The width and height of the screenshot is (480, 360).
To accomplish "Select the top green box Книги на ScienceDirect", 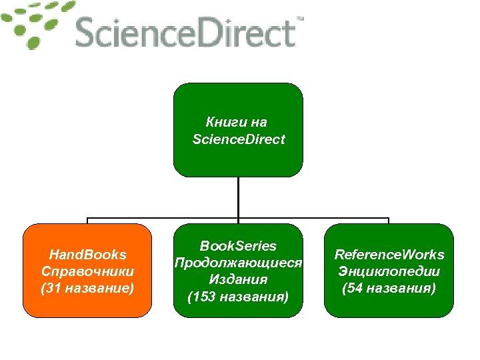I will pos(238,130).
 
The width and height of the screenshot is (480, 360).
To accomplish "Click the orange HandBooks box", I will pos(87,270).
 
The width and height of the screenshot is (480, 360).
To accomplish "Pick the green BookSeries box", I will pos(238,270).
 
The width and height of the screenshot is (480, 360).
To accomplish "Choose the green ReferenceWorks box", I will pos(389,270).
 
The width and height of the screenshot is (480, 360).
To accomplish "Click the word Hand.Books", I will pos(87,255).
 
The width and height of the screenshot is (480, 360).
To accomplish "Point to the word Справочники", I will pos(87,271).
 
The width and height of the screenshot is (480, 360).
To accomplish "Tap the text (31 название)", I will pos(87,288).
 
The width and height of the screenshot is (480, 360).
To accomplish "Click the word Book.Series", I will pos(238,246).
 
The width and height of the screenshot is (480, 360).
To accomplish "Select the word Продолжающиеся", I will pos(238,263).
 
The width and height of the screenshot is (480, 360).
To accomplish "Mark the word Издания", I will pos(238,279).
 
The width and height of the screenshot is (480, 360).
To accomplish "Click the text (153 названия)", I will pos(238,296).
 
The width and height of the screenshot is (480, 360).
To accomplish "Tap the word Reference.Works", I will pos(389,255).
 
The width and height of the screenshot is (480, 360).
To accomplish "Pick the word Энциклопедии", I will pos(389,271).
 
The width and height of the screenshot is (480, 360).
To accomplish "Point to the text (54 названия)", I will pos(389,288).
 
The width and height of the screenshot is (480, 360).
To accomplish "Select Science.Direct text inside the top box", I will pos(238,139).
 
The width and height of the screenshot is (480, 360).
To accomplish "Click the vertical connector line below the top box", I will pos(238,197).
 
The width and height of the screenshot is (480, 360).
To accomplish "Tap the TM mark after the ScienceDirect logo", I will pos(299,20).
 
